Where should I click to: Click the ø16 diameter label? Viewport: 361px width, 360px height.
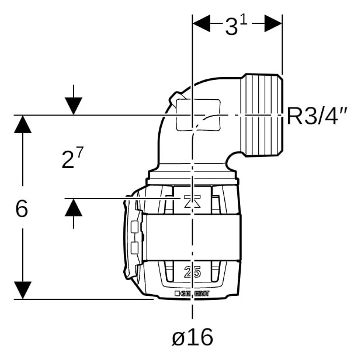192,337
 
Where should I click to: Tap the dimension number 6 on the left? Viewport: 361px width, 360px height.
22,209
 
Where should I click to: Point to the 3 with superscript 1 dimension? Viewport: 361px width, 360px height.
236,26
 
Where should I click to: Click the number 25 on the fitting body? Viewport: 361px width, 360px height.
192,272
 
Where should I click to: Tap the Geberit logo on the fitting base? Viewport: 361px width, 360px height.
192,293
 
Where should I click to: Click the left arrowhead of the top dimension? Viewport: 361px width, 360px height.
202,23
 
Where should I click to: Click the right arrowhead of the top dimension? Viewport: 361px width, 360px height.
273,23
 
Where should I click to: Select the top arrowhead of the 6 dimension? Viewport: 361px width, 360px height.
23,124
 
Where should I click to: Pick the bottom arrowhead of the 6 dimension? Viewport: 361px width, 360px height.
23,291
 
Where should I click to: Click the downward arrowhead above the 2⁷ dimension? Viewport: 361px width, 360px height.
74,106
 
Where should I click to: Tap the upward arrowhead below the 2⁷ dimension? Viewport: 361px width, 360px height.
74,207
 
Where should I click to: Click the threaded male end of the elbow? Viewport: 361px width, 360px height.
262,116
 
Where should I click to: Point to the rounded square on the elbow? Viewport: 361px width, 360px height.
198,115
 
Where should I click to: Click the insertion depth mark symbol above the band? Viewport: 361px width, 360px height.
192,201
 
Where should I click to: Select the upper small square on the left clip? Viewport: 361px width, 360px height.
134,227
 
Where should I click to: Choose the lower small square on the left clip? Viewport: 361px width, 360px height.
134,248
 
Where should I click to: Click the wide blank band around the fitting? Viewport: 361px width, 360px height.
192,237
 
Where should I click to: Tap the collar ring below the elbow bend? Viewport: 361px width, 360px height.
192,175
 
